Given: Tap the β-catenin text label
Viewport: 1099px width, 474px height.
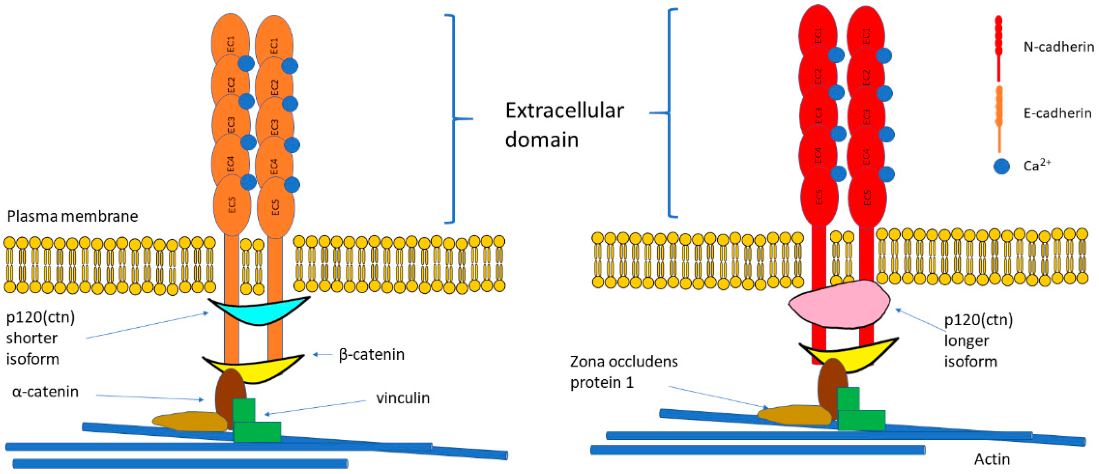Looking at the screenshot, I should point(371,355).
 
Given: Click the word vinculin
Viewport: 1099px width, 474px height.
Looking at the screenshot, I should point(402,398).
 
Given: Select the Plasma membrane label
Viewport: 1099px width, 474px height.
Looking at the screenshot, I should point(73,216).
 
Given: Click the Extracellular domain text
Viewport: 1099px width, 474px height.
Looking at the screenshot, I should point(564,124).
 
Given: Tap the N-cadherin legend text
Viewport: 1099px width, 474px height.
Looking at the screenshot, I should point(1059,47).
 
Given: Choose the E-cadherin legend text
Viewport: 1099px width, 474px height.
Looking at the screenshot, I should point(1057,113).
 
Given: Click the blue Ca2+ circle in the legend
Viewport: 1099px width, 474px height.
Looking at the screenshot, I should point(1001,166).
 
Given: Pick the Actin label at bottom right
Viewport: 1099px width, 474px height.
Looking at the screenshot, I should point(992,459).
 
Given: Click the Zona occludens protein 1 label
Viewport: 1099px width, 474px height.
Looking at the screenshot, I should point(623,371).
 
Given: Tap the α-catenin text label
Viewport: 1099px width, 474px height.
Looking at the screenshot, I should point(45,392).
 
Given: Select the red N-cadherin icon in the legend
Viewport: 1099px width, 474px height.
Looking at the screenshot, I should point(999,47).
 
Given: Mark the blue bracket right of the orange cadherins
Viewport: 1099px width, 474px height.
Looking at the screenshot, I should point(453,119).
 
